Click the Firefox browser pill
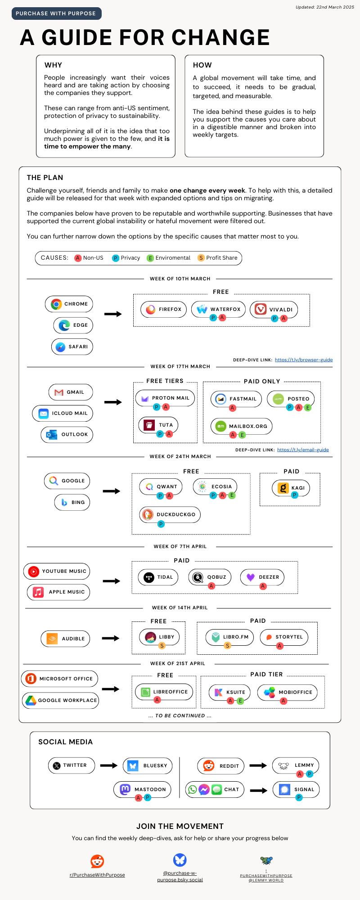click(x=163, y=310)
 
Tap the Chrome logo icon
click(x=56, y=304)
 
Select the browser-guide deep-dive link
click(x=304, y=360)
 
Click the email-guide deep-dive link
click(x=303, y=450)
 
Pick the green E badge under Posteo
click(x=308, y=408)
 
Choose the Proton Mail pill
click(x=165, y=398)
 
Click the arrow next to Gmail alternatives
click(x=113, y=402)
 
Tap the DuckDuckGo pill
click(x=170, y=515)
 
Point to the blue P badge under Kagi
click(x=295, y=495)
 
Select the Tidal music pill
click(x=158, y=577)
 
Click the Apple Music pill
click(x=58, y=592)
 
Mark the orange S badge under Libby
click(x=162, y=646)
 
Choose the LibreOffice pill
click(x=164, y=692)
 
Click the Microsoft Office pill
click(x=59, y=679)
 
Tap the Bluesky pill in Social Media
click(x=148, y=766)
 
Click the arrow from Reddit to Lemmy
click(x=258, y=765)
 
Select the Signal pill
click(x=296, y=790)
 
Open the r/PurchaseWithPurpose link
click(x=97, y=875)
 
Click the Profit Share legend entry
click(x=218, y=258)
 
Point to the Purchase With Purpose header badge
click(x=56, y=13)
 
